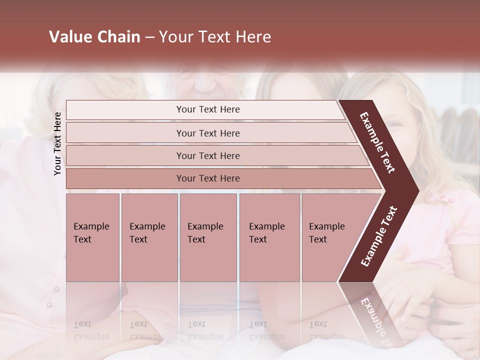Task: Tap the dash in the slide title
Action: tap(149, 37)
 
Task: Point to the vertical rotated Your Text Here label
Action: tap(57, 143)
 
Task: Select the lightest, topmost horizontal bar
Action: tap(207, 109)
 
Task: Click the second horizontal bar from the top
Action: tap(207, 133)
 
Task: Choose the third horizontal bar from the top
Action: tap(207, 155)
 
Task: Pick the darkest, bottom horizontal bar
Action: tap(207, 178)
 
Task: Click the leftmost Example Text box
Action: tap(92, 237)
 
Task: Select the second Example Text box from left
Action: tap(149, 237)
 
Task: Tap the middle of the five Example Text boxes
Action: tap(208, 237)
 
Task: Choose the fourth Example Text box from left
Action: tap(269, 237)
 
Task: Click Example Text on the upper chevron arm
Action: tap(377, 142)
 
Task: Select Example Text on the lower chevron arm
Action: tap(378, 236)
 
